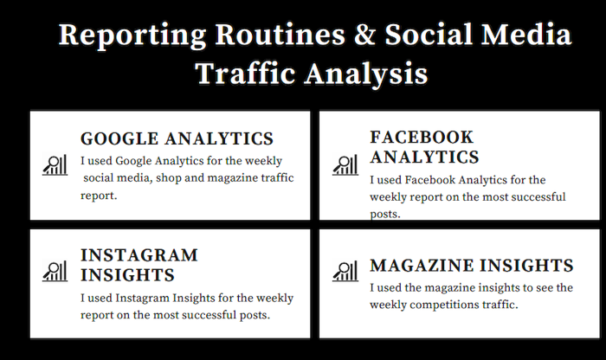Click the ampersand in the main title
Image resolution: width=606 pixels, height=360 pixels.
(x=364, y=34)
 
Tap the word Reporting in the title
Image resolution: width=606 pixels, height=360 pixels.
(x=132, y=36)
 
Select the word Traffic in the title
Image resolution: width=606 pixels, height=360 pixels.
(x=245, y=73)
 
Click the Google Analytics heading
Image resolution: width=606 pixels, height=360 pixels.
(x=177, y=138)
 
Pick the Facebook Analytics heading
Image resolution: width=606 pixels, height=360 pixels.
(x=424, y=147)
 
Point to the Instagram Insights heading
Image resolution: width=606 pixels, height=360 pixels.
(x=139, y=266)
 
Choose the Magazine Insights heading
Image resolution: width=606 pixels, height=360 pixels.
(x=472, y=266)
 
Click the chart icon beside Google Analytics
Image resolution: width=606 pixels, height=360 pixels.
(x=55, y=165)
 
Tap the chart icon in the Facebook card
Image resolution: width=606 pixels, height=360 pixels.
(x=345, y=165)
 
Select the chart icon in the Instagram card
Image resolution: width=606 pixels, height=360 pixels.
(x=55, y=271)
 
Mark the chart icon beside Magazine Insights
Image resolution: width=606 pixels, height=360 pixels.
(x=345, y=271)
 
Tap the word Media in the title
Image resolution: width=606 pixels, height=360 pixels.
(x=526, y=34)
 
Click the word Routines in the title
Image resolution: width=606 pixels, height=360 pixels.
(x=280, y=34)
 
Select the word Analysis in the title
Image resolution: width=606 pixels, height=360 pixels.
(x=366, y=74)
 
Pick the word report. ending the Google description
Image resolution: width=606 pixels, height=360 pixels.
(x=99, y=196)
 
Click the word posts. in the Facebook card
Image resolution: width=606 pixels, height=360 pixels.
(x=385, y=214)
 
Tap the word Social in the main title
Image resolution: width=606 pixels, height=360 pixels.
(x=429, y=34)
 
